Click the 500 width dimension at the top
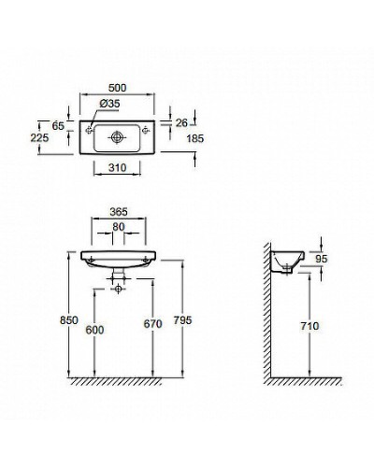pos(120,88)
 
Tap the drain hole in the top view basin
pos(116,136)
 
